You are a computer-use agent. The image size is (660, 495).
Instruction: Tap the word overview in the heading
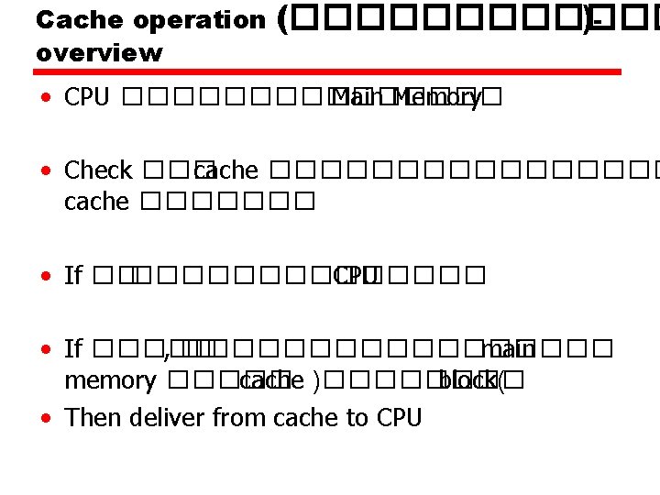[x=99, y=53]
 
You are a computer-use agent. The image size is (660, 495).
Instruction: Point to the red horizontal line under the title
[x=328, y=71]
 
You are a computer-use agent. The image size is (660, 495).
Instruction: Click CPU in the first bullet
[x=87, y=98]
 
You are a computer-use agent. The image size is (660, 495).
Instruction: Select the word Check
[x=98, y=170]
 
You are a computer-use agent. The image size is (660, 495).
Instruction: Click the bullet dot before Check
[x=45, y=171]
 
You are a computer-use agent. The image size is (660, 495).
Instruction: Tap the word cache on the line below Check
[x=96, y=202]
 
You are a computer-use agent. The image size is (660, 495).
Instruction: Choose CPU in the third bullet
[x=357, y=275]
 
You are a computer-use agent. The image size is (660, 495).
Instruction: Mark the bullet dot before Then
[x=45, y=419]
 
